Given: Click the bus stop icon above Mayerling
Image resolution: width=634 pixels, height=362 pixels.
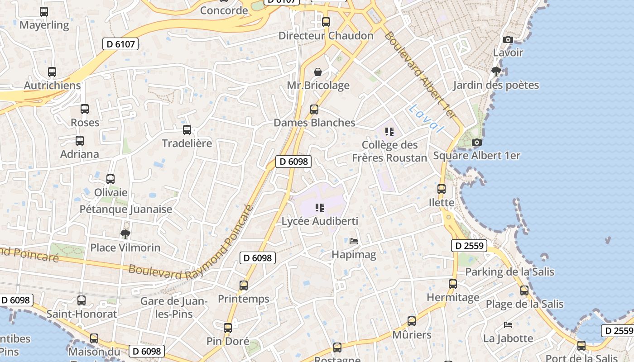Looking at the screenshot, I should [44, 12].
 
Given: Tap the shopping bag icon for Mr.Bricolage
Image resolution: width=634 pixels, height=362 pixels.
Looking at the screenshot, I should [318, 72].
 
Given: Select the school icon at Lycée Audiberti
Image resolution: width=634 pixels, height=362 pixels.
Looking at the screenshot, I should [320, 208].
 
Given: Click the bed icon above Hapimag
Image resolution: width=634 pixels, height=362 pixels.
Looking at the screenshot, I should [354, 241].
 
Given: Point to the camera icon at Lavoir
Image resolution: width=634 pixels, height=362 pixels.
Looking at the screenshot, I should [508, 39].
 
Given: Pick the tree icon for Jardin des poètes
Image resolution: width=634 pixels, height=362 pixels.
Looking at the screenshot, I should [496, 71].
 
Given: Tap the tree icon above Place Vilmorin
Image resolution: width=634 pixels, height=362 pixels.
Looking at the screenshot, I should [125, 234].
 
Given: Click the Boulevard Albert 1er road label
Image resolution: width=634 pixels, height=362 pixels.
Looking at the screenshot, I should [419, 75].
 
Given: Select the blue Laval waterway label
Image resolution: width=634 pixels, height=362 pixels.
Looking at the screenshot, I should [425, 118].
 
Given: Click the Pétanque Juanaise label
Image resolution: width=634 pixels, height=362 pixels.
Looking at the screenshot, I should [126, 209].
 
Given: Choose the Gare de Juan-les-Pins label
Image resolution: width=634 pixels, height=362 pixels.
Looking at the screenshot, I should [174, 307].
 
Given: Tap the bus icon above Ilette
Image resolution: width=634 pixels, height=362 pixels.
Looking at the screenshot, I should [442, 189].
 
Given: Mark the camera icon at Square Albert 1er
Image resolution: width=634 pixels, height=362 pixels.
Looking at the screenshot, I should [476, 142].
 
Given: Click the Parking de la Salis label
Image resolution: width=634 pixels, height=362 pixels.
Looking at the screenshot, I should [510, 271].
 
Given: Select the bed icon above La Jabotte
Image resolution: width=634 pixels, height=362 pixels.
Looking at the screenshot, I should [508, 325].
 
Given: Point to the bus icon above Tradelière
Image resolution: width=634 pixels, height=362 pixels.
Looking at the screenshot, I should [187, 130].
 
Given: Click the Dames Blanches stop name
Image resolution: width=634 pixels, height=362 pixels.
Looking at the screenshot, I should [314, 123].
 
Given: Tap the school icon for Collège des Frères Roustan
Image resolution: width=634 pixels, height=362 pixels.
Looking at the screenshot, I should [389, 132].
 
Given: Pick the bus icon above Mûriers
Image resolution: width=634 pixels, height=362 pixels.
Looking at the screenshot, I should [412, 321].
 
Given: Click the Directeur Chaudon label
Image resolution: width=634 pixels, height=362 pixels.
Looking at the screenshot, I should [326, 36].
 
